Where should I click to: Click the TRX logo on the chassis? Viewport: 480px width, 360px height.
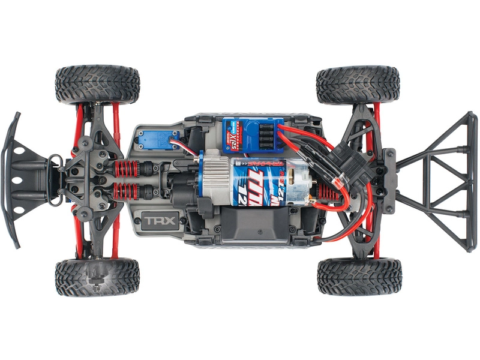point(159,220)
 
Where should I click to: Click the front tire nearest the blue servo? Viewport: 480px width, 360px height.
point(97,85)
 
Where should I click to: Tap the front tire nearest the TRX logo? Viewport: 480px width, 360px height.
point(97,277)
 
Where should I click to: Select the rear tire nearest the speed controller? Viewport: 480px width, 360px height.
point(358,85)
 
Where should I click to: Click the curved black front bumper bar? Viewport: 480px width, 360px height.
point(11,180)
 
